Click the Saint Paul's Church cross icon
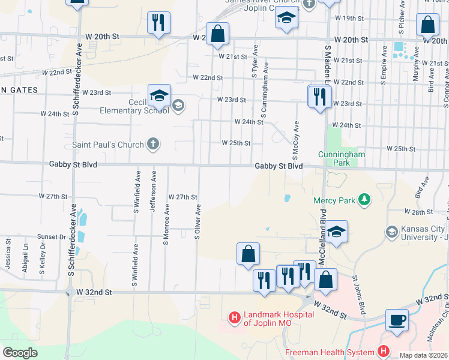(x=153, y=144)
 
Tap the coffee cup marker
(x=397, y=320)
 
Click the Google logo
(x=20, y=352)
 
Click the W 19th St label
(x=345, y=19)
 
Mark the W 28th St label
(x=418, y=212)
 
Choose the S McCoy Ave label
(x=296, y=139)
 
